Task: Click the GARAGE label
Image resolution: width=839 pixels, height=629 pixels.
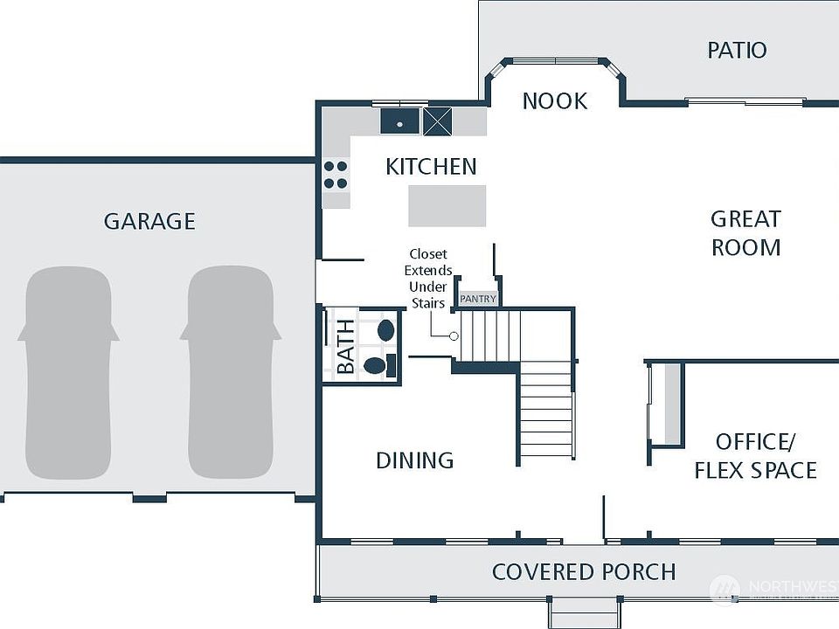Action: tap(149, 221)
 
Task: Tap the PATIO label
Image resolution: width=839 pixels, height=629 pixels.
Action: tap(737, 50)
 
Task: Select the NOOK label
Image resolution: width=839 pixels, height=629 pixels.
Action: tap(555, 101)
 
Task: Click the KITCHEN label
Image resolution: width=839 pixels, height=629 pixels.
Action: tap(431, 167)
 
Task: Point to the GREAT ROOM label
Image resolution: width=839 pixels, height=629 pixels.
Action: tap(745, 232)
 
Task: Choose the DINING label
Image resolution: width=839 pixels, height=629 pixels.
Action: tap(414, 460)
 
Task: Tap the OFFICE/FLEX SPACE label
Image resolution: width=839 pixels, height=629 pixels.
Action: tap(755, 455)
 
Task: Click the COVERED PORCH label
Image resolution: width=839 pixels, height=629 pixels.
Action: tap(584, 572)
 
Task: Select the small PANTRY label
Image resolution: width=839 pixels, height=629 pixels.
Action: tap(478, 299)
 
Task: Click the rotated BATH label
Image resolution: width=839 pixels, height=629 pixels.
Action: tap(346, 346)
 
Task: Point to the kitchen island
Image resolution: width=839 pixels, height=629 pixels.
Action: tap(447, 205)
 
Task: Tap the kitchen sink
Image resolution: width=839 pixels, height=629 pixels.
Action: tap(400, 121)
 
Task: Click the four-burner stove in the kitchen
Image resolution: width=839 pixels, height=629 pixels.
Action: tap(336, 175)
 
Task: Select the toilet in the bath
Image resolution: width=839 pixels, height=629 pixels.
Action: tap(377, 364)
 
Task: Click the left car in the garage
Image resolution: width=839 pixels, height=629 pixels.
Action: tap(68, 371)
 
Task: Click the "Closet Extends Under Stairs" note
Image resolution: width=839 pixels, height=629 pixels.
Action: tap(428, 279)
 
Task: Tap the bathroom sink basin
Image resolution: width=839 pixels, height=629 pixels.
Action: tap(385, 330)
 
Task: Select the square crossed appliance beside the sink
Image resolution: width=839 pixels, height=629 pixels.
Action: tap(438, 121)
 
